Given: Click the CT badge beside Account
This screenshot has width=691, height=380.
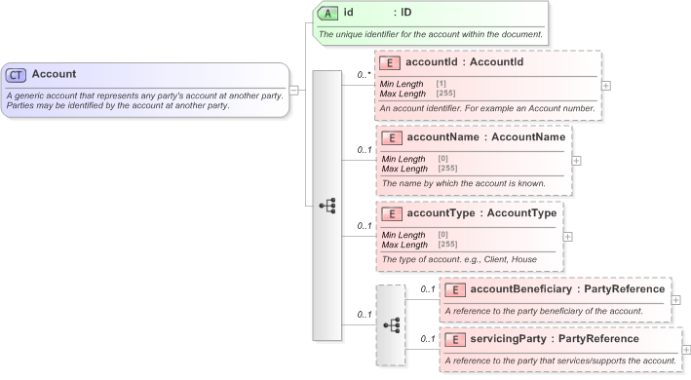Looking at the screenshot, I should click(x=16, y=74).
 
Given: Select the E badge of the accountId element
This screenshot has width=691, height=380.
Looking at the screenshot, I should click(x=389, y=62).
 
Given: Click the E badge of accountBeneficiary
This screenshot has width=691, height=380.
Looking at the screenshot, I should click(x=454, y=289).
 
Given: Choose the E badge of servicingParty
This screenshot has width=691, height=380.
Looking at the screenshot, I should click(x=454, y=339).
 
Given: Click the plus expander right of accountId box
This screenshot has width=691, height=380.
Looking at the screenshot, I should click(x=607, y=85).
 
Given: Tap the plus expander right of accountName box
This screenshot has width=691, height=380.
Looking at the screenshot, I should click(x=576, y=161).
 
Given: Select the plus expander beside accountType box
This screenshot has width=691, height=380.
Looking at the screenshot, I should click(x=568, y=236).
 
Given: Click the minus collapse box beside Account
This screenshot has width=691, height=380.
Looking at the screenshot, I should click(x=294, y=90).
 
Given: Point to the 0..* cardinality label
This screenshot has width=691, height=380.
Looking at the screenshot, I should click(x=365, y=74).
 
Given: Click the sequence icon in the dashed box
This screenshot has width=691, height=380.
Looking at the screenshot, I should click(x=391, y=324).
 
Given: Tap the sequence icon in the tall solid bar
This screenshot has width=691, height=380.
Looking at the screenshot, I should click(x=327, y=206).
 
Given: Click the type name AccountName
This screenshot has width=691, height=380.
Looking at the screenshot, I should click(x=527, y=137).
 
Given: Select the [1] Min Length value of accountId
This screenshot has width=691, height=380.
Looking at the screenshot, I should click(x=441, y=84).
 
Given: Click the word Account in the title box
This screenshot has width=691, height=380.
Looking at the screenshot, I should click(x=54, y=74).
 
